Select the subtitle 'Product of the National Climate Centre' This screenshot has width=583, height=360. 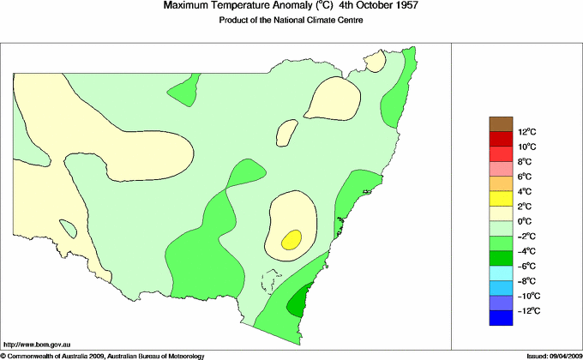pyautogui.click(x=291, y=20)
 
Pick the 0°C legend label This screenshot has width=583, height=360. pyautogui.click(x=526, y=221)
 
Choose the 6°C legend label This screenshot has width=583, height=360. pyautogui.click(x=526, y=177)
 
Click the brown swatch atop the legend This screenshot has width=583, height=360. pyautogui.click(x=501, y=124)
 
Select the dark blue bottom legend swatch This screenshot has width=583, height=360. pyautogui.click(x=501, y=318)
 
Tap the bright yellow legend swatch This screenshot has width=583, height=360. pyautogui.click(x=501, y=199)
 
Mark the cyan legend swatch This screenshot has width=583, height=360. pyautogui.click(x=501, y=273)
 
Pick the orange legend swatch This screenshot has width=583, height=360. pyautogui.click(x=501, y=183)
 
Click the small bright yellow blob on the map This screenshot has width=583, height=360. pyautogui.click(x=292, y=238)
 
